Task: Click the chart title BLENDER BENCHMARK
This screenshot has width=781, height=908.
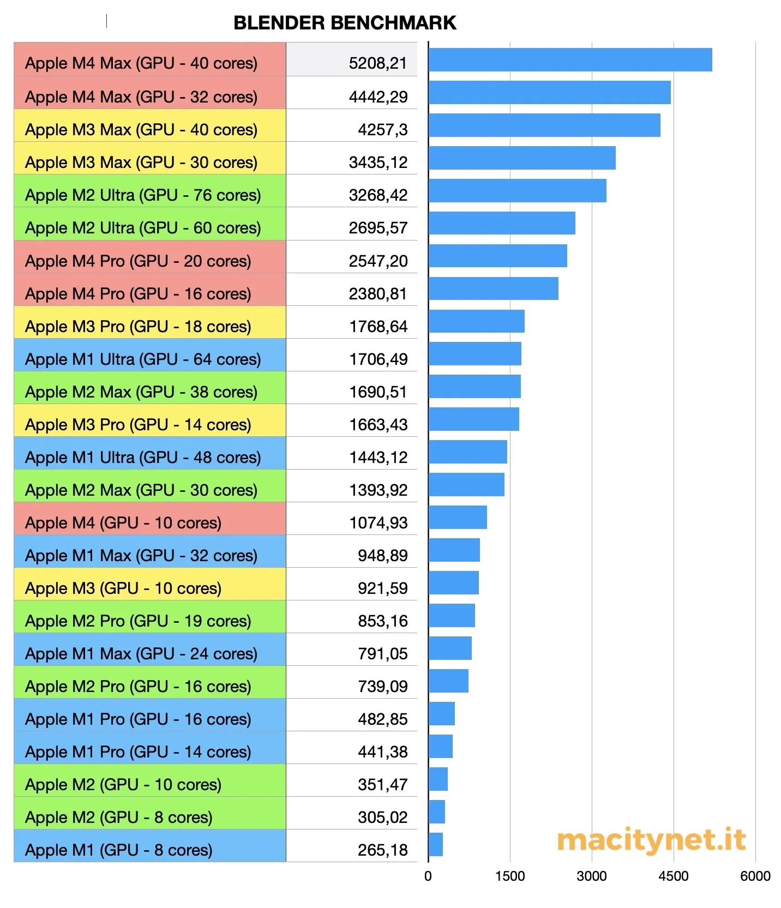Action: point(345,23)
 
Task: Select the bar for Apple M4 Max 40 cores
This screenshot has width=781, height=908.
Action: point(570,60)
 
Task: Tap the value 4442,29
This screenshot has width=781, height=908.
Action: point(378,97)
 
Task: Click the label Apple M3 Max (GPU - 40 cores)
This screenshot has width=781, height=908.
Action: point(141,130)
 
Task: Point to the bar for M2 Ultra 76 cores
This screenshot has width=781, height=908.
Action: point(517,191)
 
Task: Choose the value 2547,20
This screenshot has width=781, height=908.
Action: point(378,261)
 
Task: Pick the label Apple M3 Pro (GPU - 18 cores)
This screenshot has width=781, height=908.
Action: point(138,327)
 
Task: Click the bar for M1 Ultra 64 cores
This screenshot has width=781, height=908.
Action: point(474,354)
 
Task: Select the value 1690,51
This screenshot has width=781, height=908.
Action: point(378,392)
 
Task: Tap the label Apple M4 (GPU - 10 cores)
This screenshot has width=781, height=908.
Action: point(123,523)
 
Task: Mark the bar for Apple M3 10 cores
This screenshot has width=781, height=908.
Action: point(453,583)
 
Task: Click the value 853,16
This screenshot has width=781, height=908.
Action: point(382,621)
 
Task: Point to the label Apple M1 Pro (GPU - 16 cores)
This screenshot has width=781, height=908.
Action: point(138,719)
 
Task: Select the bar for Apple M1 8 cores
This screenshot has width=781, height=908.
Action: point(435,845)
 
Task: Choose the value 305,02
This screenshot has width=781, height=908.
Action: point(382,817)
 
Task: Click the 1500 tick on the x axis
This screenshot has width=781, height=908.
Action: point(510,876)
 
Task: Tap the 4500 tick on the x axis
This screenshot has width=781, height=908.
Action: point(674,876)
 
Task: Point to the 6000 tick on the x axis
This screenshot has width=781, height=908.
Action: point(755,876)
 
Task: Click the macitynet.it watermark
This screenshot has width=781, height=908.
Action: point(651,840)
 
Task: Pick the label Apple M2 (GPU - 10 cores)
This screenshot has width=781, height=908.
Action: point(123,785)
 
